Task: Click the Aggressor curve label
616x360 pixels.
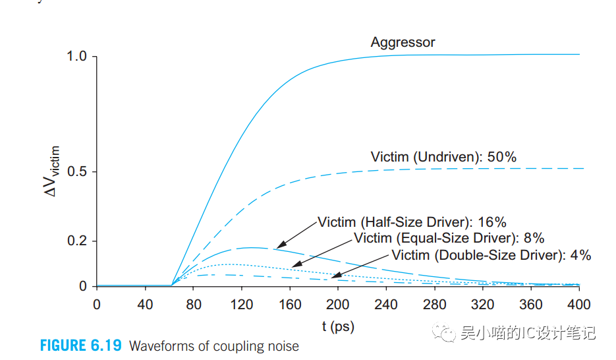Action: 403,43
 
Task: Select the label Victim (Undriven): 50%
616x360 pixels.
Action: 443,157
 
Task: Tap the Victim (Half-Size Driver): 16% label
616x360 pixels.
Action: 412,222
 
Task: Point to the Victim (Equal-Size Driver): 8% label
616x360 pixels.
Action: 449,238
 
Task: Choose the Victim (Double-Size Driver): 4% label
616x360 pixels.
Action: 491,255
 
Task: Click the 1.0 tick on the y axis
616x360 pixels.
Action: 77,57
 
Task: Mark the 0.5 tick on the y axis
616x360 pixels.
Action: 77,172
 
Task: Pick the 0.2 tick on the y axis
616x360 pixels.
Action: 77,241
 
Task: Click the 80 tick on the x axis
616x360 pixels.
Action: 193,305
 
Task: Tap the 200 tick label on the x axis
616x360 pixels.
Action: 338,305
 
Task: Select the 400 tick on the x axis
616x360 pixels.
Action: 579,305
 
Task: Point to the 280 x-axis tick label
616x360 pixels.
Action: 434,305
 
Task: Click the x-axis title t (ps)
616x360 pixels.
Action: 338,326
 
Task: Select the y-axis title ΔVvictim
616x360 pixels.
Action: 56,172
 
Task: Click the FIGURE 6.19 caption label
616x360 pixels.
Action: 82,346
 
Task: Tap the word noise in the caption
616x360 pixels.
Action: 281,346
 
